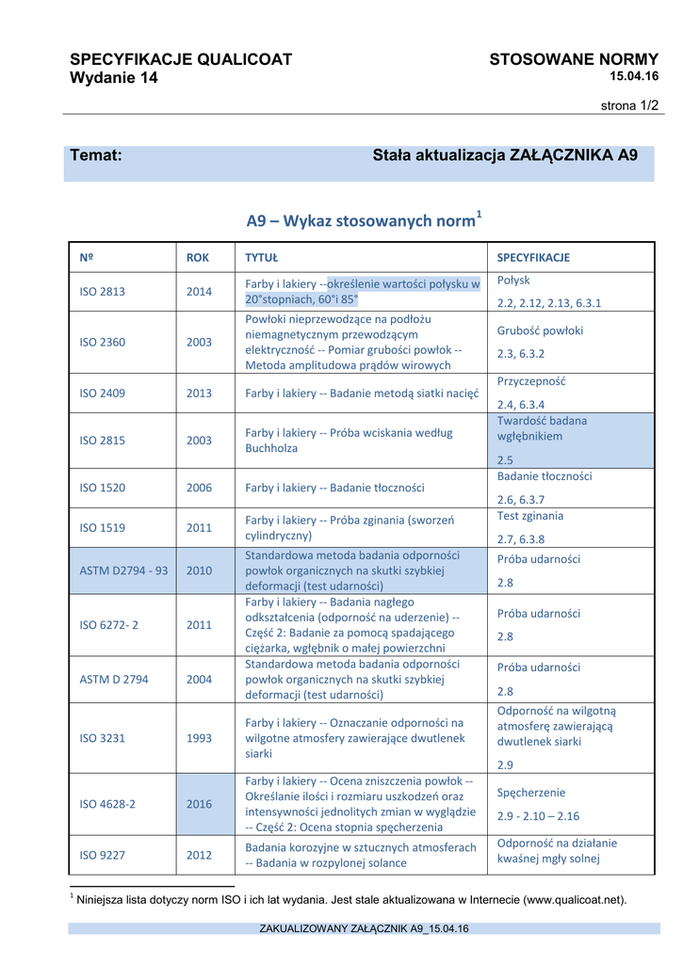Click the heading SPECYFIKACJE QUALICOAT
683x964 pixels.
[x=181, y=59]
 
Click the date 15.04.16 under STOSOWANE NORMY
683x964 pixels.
[x=634, y=76]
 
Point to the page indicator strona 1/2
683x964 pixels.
[x=630, y=105]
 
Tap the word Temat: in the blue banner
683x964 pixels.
[x=97, y=155]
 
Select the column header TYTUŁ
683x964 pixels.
[x=261, y=257]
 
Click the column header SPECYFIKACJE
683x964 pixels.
[x=533, y=257]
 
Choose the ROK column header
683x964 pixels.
[x=198, y=257]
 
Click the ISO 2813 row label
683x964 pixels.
[x=102, y=292]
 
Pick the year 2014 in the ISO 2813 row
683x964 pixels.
[x=199, y=292]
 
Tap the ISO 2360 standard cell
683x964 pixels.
[x=102, y=342]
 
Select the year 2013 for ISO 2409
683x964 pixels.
[x=199, y=393]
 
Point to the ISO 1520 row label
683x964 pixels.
[x=102, y=488]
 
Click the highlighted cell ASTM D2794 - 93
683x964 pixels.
[x=123, y=570]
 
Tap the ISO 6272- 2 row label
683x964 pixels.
[x=108, y=624]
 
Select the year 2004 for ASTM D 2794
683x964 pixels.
[x=199, y=678]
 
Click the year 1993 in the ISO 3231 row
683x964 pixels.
[x=199, y=738]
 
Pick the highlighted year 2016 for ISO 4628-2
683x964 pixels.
[x=199, y=804]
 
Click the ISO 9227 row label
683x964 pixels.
[x=102, y=855]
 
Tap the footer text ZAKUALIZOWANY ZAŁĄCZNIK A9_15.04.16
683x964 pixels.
[x=364, y=929]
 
